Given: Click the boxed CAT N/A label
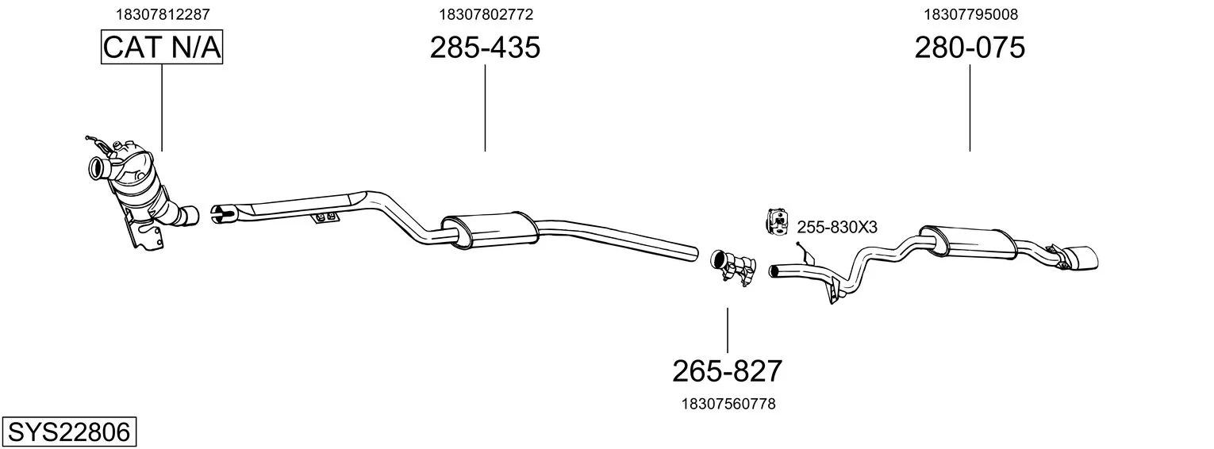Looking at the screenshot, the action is [x=162, y=47].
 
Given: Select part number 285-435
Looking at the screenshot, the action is [x=485, y=47].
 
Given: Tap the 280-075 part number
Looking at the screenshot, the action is [x=970, y=47].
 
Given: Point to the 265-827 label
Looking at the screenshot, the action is [x=728, y=371].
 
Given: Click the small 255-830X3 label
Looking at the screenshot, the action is [x=837, y=228].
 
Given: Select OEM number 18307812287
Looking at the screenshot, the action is [x=163, y=14].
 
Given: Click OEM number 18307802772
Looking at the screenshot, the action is [x=486, y=14].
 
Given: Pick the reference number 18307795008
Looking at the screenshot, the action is [x=970, y=14].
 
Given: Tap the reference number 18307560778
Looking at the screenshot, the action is [x=728, y=404].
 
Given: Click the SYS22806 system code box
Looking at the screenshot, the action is [x=69, y=432].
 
